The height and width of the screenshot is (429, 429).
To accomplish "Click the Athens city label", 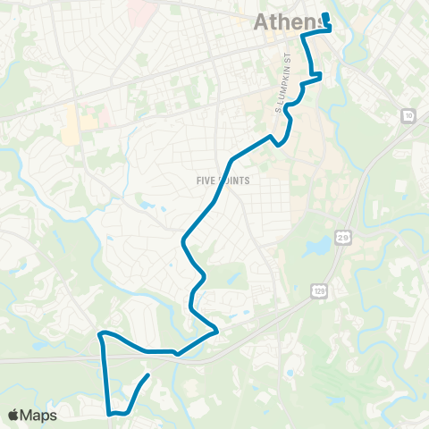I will pos(288,22).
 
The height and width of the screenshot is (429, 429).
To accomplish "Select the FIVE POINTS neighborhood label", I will pos(222,180).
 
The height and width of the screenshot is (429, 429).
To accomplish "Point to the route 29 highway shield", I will pos(343,237).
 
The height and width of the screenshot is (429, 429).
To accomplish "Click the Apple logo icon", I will pos(13,416).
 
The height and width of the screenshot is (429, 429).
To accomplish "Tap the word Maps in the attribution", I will pos(39,416).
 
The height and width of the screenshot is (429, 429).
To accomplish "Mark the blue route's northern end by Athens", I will pos(325,16).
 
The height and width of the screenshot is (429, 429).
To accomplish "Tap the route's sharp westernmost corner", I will pos(99,336).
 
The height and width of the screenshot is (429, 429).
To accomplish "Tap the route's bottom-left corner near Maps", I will pos(111,413).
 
